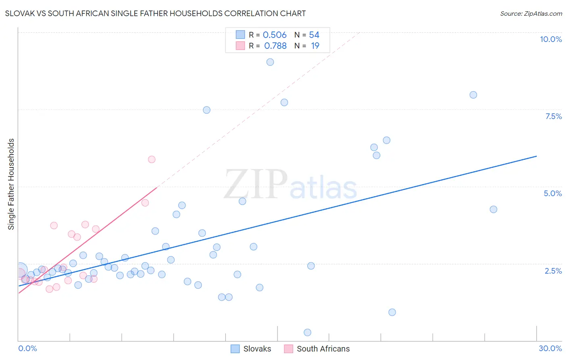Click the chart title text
click(155, 13)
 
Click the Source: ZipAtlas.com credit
click(531, 13)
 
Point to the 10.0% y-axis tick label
click(550, 39)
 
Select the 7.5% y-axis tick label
click(553, 116)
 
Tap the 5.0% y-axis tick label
click(552, 193)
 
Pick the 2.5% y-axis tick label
click(553, 271)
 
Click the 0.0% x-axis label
click(27, 348)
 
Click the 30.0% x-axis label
click(550, 348)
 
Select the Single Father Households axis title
click(11, 184)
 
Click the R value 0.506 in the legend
click(275, 35)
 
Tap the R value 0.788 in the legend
click(275, 46)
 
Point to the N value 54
click(314, 35)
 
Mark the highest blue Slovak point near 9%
click(270, 62)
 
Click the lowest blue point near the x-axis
click(307, 333)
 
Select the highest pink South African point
click(152, 159)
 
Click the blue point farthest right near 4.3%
click(493, 209)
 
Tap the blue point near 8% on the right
click(473, 95)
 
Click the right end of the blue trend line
click(536, 156)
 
